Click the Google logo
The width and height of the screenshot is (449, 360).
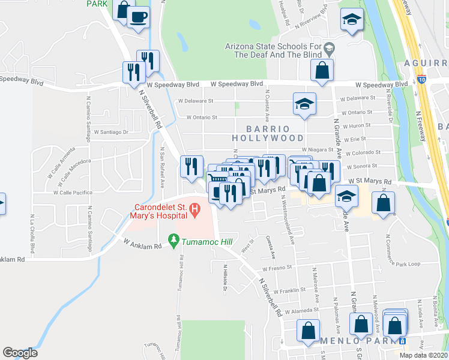20,353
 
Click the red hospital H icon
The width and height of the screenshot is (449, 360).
194,209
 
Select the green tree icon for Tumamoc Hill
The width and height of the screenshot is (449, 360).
174,241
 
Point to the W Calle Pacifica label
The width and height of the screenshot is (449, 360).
73,193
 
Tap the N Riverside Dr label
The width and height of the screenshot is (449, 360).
390,107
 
